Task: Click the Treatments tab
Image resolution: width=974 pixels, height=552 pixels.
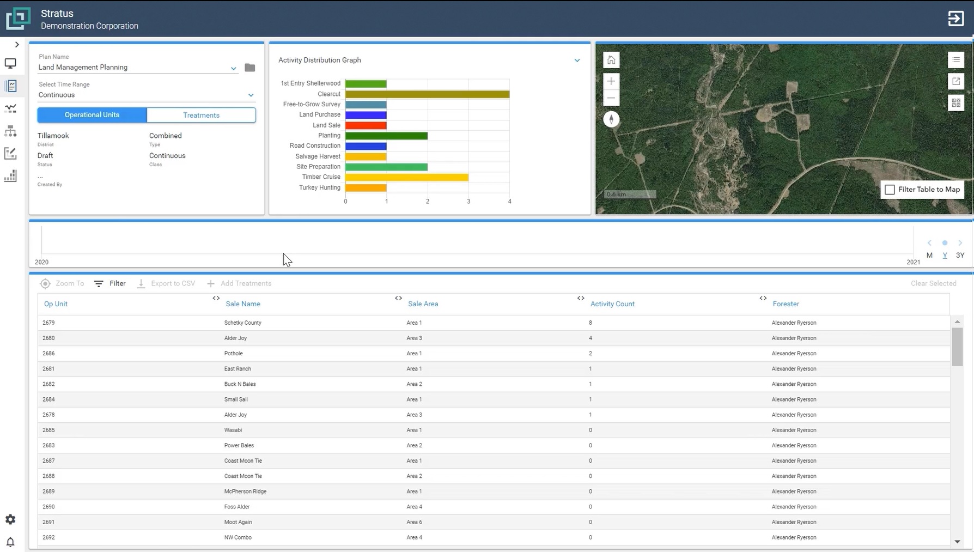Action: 201,115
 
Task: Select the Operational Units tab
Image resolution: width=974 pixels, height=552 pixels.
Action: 92,115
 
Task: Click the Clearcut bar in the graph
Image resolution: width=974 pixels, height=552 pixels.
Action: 427,94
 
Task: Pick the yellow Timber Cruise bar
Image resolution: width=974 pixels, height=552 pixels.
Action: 406,177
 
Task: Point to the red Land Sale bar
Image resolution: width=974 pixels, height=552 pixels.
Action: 366,125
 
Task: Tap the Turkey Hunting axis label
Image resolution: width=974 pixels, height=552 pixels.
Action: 319,187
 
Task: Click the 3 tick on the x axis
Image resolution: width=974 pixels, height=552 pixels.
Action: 468,202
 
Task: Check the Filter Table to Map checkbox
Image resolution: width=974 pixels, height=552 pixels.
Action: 890,190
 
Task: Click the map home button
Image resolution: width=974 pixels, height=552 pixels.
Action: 611,60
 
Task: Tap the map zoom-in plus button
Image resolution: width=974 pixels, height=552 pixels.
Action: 611,81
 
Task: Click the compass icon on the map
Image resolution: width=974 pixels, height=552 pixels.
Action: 611,119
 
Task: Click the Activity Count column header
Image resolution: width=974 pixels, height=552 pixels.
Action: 612,304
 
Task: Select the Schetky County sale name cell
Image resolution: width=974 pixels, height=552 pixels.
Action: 242,323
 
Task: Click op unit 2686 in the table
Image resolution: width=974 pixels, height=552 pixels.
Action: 48,353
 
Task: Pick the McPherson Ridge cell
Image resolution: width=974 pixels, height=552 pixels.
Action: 245,492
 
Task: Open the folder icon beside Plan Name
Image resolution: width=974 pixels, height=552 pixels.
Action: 249,68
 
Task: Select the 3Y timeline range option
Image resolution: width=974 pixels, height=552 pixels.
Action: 960,255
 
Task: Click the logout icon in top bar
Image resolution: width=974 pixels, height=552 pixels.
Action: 955,19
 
